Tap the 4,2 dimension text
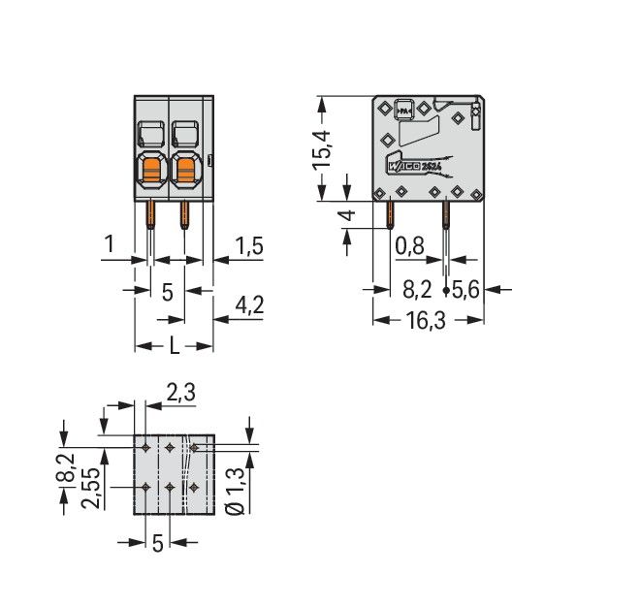click(249, 307)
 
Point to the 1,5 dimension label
click(249, 246)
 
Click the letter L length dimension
click(174, 345)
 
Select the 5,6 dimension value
click(466, 289)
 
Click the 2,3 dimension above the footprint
click(180, 393)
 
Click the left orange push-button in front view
click(152, 173)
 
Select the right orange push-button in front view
click(186, 173)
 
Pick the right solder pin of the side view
click(445, 218)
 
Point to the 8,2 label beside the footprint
click(65, 468)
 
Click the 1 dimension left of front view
click(111, 246)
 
